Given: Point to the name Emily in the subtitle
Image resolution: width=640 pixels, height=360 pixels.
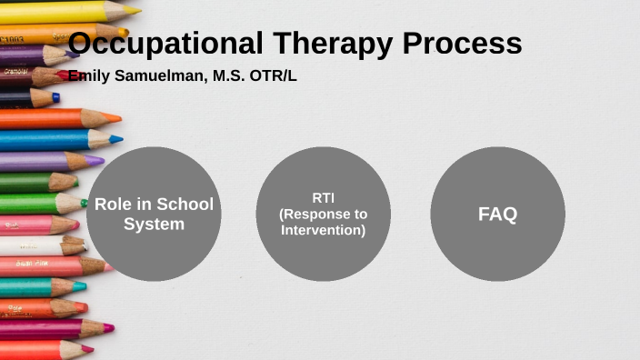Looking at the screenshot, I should pos(88,76).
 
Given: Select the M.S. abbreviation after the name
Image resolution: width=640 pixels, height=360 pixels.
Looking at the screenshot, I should pos(227,76).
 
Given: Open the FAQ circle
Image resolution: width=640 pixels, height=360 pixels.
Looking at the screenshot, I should pos(497,215).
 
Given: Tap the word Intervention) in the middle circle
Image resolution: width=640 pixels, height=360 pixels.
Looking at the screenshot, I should pos(323,230).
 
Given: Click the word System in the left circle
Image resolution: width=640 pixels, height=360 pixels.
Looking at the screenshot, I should pos(154,224).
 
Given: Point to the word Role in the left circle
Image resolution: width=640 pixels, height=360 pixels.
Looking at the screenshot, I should pos(112,204).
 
